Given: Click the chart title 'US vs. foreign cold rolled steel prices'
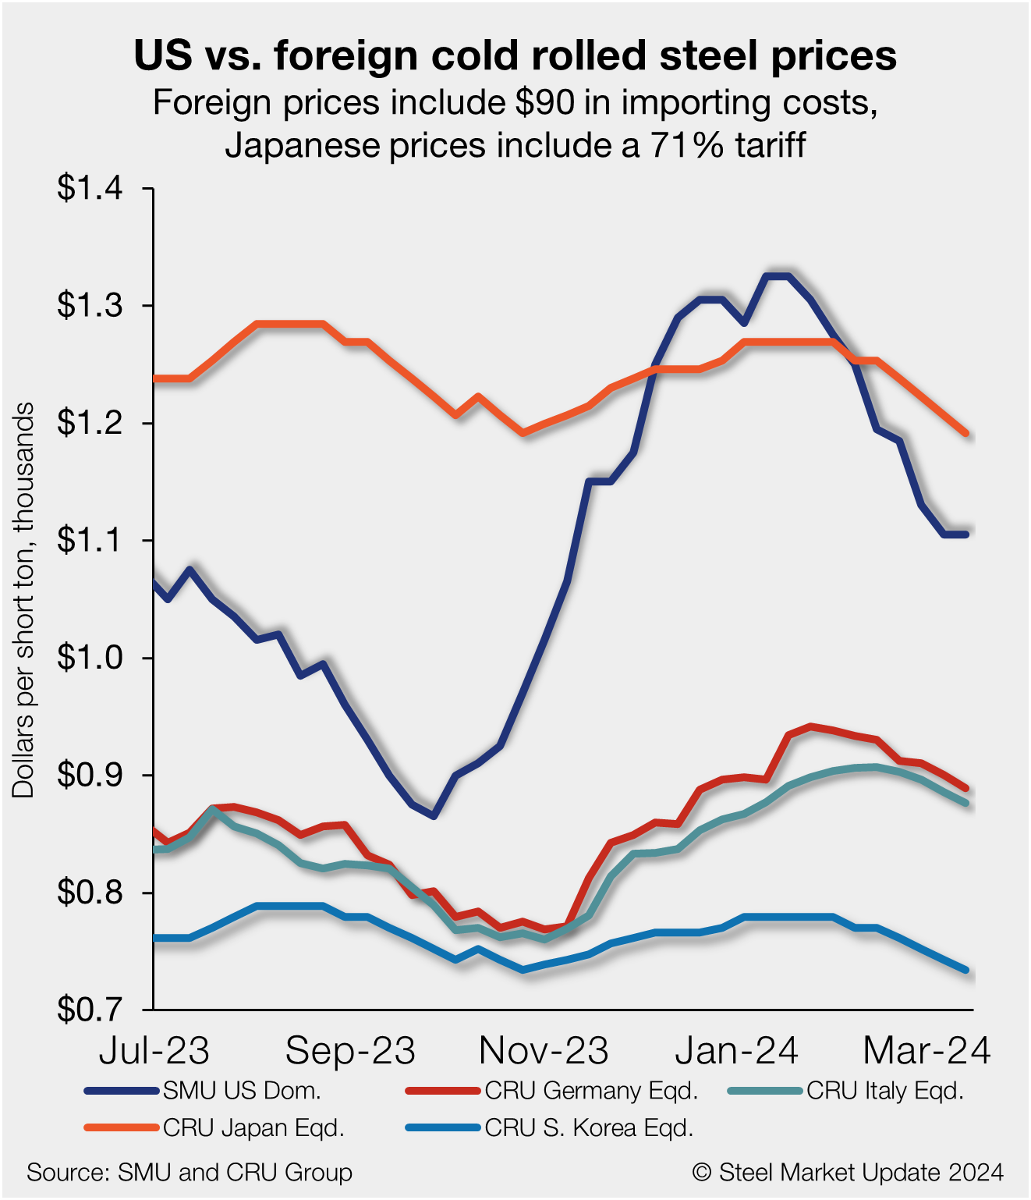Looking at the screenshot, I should pos(515,56).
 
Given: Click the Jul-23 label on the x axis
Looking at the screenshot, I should pos(154,1051).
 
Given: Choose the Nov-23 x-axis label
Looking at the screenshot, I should pos(544,1051).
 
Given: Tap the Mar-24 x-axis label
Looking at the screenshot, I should pos(926,1051).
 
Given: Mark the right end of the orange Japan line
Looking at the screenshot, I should pos(966,433).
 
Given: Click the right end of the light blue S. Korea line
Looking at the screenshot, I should pos(966,970).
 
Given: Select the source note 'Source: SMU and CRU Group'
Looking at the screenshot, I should pos(190,1172).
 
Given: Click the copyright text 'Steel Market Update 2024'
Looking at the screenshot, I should pos(860,1172).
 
